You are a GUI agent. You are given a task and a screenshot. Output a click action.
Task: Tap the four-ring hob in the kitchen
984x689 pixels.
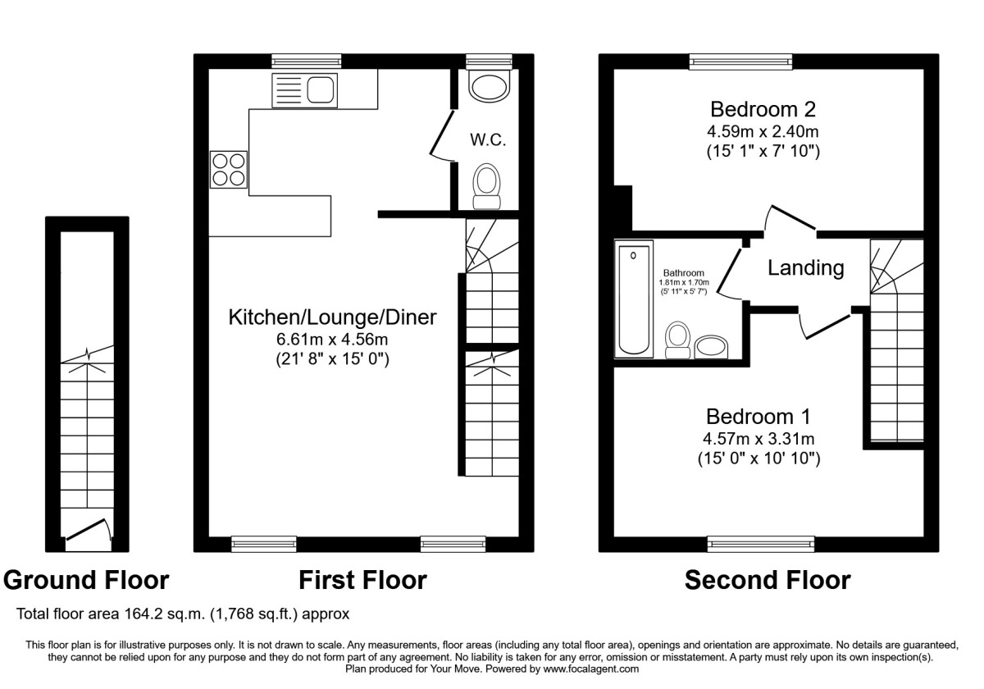(x=229, y=170)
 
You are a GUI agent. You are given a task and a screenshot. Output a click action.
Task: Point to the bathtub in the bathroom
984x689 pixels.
(x=634, y=300)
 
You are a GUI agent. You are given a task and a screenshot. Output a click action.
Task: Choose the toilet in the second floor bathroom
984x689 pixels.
(x=677, y=340)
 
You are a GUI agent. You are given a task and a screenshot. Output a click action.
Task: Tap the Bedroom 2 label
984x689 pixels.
(x=763, y=109)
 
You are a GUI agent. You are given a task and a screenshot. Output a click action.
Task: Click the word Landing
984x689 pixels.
(x=805, y=267)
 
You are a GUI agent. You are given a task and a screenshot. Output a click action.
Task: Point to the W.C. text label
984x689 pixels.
(x=488, y=140)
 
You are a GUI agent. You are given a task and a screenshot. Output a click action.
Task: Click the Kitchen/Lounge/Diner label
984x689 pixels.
(x=332, y=317)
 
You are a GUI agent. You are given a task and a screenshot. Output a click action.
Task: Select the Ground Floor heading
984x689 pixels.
(x=87, y=581)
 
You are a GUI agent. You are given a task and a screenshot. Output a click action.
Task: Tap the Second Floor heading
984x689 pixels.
(x=768, y=581)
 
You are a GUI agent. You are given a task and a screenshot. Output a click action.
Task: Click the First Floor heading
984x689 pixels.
(x=362, y=581)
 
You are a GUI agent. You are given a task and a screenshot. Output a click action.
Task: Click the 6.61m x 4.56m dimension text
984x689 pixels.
(x=332, y=339)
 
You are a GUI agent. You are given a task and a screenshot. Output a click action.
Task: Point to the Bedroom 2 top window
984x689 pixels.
(x=740, y=61)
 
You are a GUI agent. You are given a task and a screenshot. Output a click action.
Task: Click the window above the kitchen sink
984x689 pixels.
(x=307, y=61)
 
